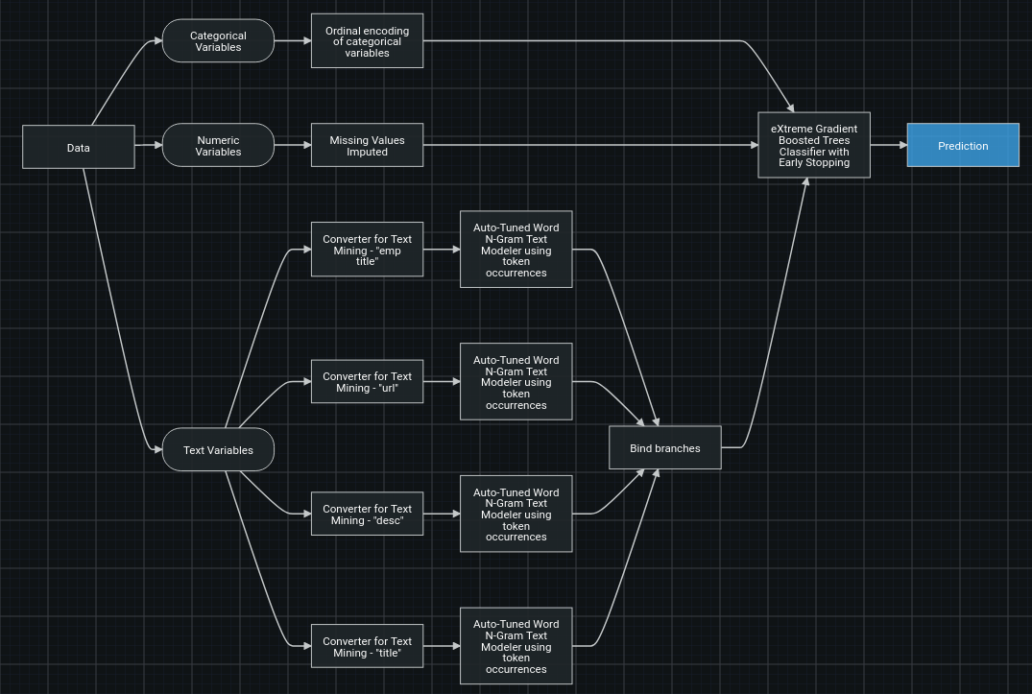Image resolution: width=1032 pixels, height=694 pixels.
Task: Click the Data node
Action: tap(79, 147)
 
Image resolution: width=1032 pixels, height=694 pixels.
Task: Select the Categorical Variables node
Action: tap(218, 41)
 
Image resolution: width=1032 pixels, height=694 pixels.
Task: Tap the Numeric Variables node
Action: tap(218, 146)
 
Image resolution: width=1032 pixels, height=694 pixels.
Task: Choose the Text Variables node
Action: tap(218, 449)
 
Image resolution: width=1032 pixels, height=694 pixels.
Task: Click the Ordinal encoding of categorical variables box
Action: tap(367, 41)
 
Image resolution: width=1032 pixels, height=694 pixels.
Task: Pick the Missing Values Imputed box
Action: tap(367, 146)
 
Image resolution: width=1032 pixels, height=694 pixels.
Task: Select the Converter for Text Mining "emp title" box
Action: tap(367, 250)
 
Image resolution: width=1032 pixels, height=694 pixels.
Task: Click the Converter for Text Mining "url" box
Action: tap(367, 382)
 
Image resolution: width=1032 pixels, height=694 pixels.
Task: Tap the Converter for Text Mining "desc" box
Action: tap(367, 514)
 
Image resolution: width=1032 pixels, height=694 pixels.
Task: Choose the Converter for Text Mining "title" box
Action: tap(367, 646)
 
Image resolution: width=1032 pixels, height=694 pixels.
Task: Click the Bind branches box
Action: tap(664, 447)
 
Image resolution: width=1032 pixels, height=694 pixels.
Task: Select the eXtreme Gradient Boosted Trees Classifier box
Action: tap(814, 145)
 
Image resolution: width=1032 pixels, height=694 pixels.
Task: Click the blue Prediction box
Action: tap(963, 146)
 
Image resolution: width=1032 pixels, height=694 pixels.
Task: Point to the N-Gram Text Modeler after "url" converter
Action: tap(516, 382)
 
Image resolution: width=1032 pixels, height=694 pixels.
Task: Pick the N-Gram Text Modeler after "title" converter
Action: tap(516, 646)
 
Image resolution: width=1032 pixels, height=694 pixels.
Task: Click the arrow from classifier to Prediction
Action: tap(889, 146)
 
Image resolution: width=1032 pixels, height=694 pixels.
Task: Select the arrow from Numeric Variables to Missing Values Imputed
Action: tap(293, 146)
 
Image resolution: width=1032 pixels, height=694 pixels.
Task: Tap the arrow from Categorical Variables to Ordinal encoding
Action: tap(293, 41)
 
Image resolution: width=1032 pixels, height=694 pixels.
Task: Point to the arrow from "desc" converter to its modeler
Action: tap(442, 515)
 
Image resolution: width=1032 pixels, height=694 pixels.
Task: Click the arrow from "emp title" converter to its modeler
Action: tap(442, 250)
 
